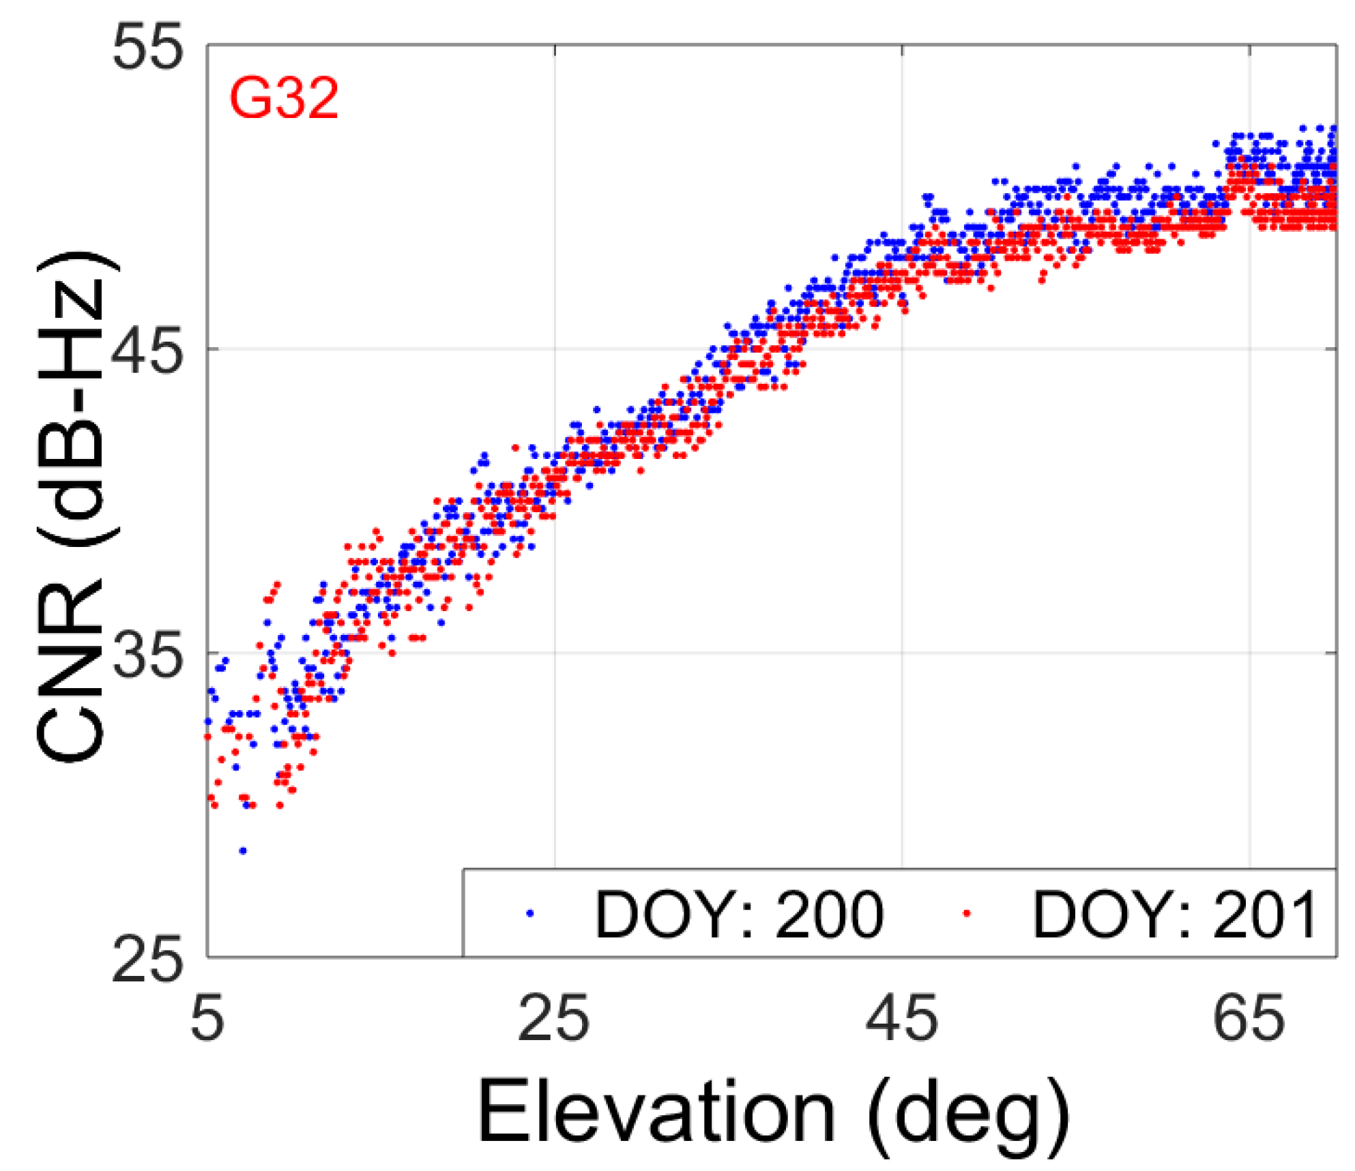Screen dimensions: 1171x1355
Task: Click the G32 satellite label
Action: [x=283, y=100]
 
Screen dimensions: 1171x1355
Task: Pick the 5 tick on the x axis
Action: [x=207, y=1019]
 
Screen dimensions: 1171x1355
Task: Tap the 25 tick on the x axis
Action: [x=553, y=1019]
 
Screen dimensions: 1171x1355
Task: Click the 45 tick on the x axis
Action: [x=901, y=1019]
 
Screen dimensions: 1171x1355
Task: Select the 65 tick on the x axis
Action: [x=1249, y=1019]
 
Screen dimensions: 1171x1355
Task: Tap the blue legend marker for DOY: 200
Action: [x=530, y=913]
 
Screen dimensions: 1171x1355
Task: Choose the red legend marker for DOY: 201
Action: [x=966, y=913]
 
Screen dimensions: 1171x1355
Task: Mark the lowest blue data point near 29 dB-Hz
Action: [x=243, y=851]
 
